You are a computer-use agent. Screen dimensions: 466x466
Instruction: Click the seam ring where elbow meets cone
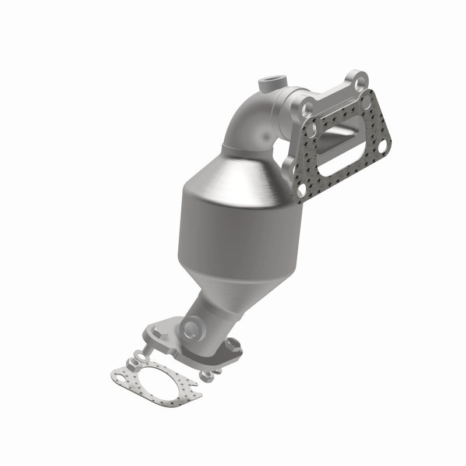pyautogui.click(x=233, y=144)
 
